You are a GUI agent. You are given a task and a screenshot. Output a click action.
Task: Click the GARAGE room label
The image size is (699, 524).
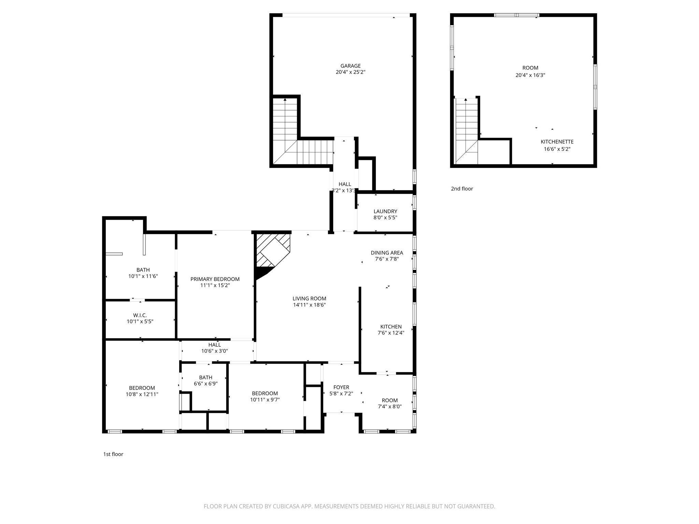coord(350,66)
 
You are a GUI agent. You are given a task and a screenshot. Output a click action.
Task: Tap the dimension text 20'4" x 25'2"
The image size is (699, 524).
coord(350,72)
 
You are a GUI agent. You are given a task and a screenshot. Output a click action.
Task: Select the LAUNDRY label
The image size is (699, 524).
coord(385,211)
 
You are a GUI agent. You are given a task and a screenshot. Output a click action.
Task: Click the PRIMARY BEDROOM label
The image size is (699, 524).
coord(215,279)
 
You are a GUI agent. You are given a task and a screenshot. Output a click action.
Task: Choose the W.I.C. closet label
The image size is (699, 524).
coord(140,315)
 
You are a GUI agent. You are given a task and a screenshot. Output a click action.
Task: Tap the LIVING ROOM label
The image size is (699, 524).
coord(309,299)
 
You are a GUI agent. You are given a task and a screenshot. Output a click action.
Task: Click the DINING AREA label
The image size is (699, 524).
coord(387,253)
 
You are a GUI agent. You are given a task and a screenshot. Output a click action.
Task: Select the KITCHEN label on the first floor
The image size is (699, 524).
coord(391,326)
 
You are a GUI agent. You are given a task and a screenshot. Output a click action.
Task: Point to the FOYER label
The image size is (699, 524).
coord(341,387)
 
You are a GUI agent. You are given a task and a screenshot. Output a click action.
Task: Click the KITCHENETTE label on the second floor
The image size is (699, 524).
coord(557,142)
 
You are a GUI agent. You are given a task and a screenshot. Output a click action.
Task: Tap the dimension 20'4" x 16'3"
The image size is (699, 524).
coord(530,75)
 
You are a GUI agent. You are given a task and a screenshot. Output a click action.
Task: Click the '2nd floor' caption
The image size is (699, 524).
coord(462,189)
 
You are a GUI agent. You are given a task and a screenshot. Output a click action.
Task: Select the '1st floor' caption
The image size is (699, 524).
coord(113,454)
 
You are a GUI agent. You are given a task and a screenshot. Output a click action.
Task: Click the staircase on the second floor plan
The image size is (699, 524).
coord(467,131)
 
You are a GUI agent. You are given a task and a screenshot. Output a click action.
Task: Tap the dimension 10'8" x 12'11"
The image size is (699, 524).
coord(142,394)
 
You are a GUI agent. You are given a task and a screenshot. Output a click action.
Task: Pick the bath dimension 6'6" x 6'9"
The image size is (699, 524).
coord(206,383)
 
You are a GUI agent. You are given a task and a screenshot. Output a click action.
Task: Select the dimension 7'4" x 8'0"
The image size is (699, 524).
coord(390,406)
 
